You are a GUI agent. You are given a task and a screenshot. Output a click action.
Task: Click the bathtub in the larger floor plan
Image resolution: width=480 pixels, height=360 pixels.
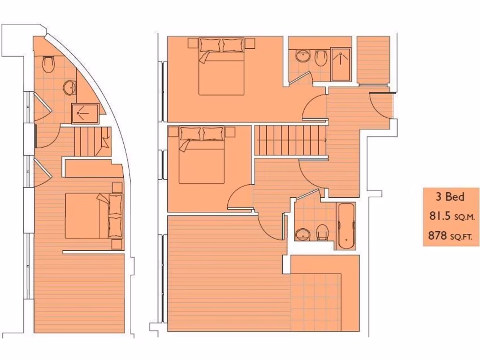(x=346, y=226)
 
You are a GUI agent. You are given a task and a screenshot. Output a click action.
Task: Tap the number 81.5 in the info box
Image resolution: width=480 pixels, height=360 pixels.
(x=438, y=216)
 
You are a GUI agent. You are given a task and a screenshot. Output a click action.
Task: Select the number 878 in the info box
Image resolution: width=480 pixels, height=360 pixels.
(x=437, y=236)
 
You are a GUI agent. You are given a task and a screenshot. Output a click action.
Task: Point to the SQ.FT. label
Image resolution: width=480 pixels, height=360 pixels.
(x=462, y=237)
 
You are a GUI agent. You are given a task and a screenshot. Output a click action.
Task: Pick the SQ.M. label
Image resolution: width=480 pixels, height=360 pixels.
(x=463, y=217)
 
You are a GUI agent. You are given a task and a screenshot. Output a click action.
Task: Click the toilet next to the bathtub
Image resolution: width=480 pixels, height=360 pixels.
(x=322, y=232)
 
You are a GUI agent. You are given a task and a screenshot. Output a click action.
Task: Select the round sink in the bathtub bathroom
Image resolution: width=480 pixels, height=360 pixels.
(x=303, y=233)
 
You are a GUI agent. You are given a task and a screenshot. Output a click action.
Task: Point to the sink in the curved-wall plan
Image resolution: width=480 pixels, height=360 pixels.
(x=70, y=87)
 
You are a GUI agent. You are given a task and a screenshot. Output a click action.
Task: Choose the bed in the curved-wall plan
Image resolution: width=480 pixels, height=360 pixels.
(x=93, y=216)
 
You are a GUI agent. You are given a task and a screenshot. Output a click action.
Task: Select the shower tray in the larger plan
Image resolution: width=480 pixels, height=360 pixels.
(x=341, y=64)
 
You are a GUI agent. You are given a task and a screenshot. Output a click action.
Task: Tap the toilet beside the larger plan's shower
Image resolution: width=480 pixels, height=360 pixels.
(x=321, y=58)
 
